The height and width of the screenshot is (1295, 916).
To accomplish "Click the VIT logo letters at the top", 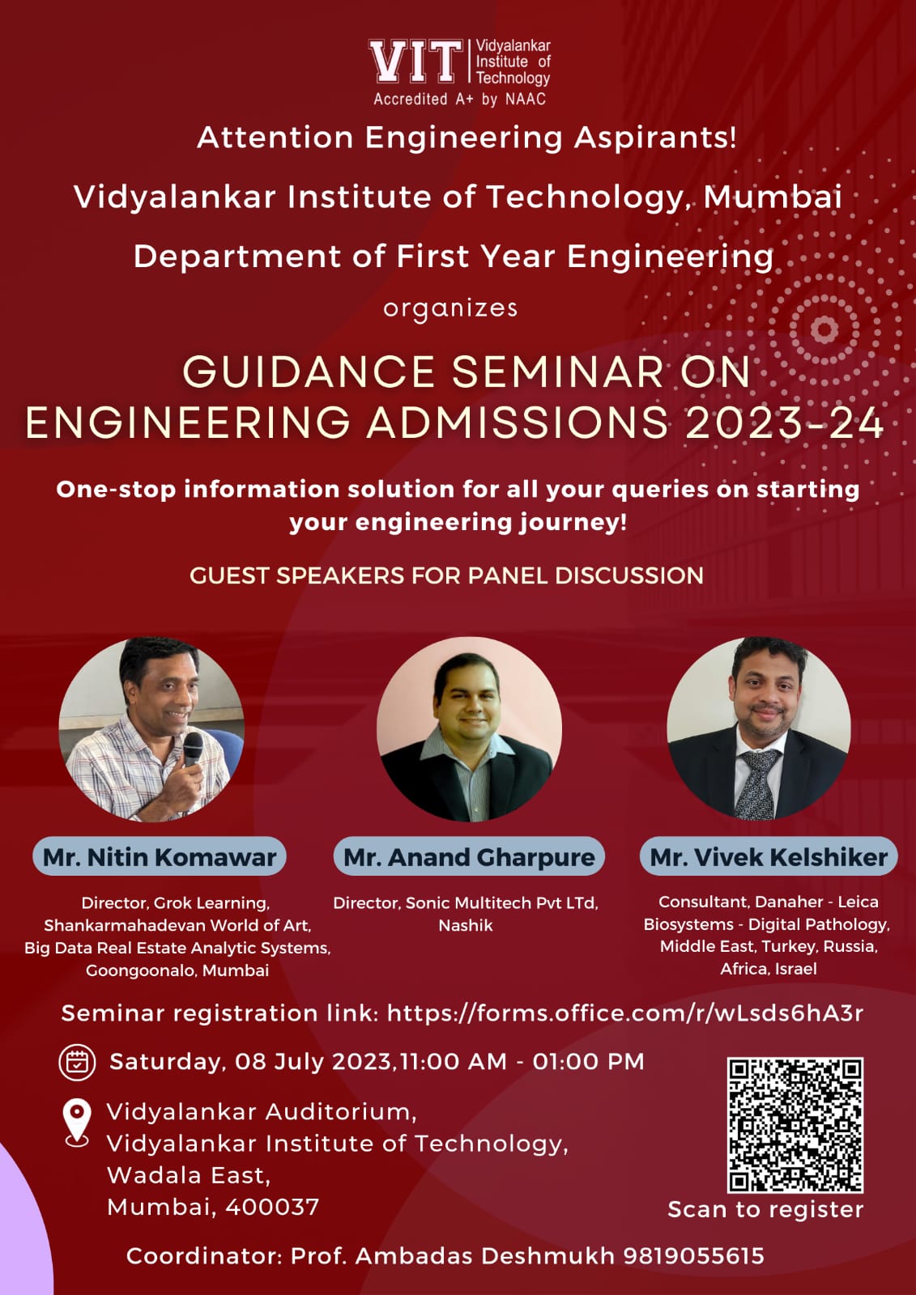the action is (415, 61).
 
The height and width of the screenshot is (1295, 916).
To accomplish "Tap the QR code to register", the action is (795, 1125).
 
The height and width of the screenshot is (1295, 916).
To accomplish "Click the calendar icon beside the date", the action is (77, 1063).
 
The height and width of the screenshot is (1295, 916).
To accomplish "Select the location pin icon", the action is (77, 1123).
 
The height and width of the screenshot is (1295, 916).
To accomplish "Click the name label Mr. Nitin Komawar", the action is (159, 856).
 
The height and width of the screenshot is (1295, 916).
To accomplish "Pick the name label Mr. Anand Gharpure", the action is (469, 856).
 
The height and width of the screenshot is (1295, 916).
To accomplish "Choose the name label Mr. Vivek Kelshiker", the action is (769, 856).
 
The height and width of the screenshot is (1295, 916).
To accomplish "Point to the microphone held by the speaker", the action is (193, 749).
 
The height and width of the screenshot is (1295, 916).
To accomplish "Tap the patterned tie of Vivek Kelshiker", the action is (758, 784).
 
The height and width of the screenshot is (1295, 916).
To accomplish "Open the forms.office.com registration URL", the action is (625, 1013).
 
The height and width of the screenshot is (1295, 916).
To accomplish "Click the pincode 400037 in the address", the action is (272, 1207).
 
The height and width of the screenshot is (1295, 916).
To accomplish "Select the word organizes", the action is (450, 308).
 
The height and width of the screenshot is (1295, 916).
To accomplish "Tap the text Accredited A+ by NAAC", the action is (459, 100).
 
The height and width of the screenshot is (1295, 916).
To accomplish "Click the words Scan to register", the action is (765, 1209).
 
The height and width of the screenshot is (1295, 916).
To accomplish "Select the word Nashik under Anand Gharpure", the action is (466, 926).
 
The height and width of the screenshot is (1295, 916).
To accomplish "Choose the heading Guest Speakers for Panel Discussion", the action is (447, 575).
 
